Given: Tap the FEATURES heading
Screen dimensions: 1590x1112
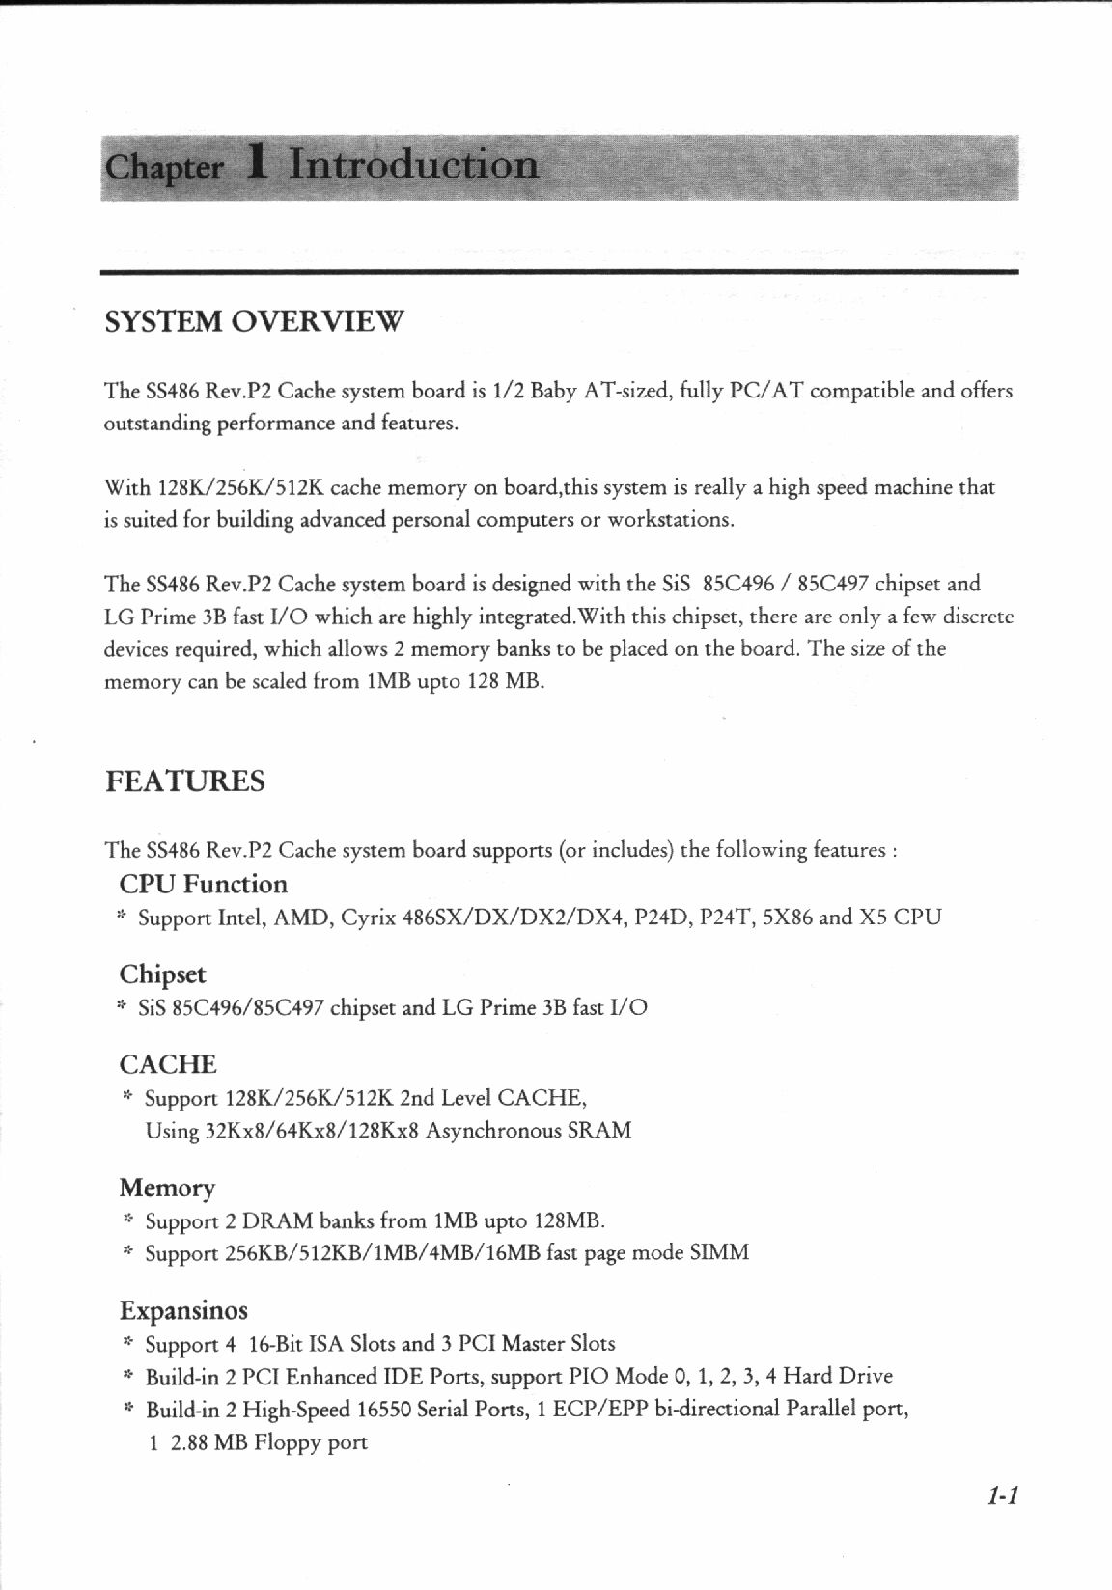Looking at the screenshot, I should (x=184, y=781).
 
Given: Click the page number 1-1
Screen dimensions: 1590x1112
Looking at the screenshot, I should (x=1003, y=1496).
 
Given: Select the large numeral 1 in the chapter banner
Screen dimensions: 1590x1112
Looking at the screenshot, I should (x=256, y=164).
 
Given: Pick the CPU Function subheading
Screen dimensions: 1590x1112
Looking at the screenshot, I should (x=204, y=885).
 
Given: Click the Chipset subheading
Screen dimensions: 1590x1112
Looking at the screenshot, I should (x=163, y=974).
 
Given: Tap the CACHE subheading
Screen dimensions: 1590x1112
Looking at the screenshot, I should (x=168, y=1065).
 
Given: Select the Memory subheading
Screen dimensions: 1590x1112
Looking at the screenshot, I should (x=167, y=1188).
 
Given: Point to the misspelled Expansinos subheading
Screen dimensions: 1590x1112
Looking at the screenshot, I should (x=183, y=1311).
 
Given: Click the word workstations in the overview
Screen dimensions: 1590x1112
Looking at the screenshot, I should (x=669, y=520).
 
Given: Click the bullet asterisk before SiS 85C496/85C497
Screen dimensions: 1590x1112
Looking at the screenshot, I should (x=122, y=1007).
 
